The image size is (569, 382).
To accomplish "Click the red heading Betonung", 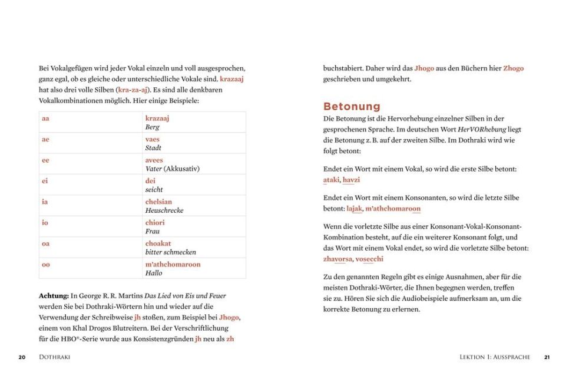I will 352,107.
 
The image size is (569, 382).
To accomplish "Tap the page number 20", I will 22,357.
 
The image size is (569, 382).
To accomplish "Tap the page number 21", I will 547,357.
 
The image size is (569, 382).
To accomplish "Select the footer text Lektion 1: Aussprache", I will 495,357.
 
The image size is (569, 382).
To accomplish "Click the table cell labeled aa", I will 45,118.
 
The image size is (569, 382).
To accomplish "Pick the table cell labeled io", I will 45,223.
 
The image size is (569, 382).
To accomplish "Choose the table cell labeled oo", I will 46,265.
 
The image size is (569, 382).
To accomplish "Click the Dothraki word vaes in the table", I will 153,139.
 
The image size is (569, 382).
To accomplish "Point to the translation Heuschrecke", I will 164,210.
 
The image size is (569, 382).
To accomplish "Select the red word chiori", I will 155,223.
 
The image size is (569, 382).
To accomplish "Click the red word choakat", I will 158,243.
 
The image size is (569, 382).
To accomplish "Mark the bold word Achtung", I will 54,296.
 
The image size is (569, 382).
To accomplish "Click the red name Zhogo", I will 513,68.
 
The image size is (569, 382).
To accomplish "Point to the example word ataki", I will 332,180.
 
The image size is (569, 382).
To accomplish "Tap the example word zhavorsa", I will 338,259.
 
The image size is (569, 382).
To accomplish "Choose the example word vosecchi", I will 369,259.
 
